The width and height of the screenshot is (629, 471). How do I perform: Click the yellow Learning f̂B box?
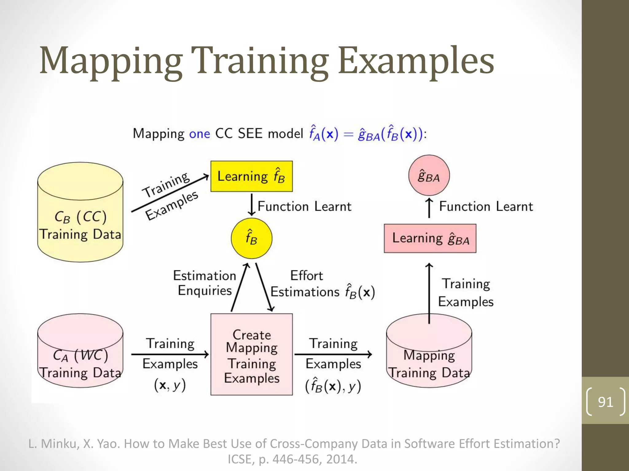tap(251, 176)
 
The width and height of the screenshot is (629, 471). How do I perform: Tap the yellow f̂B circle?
tap(251, 238)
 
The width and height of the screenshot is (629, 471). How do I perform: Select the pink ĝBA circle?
tap(429, 175)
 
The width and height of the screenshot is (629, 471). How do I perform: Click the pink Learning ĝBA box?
tap(430, 239)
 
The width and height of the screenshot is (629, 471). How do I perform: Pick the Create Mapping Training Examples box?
tap(251, 354)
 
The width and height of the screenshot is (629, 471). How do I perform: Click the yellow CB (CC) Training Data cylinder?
tap(80, 215)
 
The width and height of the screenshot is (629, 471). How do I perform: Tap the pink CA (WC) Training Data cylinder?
tap(80, 353)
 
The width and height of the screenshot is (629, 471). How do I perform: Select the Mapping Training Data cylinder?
tap(429, 356)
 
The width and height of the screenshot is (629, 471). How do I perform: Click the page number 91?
tap(605, 402)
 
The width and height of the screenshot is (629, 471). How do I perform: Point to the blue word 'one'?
tap(199, 134)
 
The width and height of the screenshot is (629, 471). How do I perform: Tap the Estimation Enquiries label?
tap(205, 283)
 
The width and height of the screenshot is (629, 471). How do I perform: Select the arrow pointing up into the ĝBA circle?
tap(429, 208)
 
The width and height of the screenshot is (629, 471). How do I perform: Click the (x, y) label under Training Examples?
tap(170, 385)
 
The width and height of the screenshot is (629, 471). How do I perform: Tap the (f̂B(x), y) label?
tap(333, 386)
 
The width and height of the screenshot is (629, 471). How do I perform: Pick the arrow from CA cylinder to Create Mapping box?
tap(170, 354)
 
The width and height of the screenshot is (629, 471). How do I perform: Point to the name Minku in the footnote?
tap(59, 444)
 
